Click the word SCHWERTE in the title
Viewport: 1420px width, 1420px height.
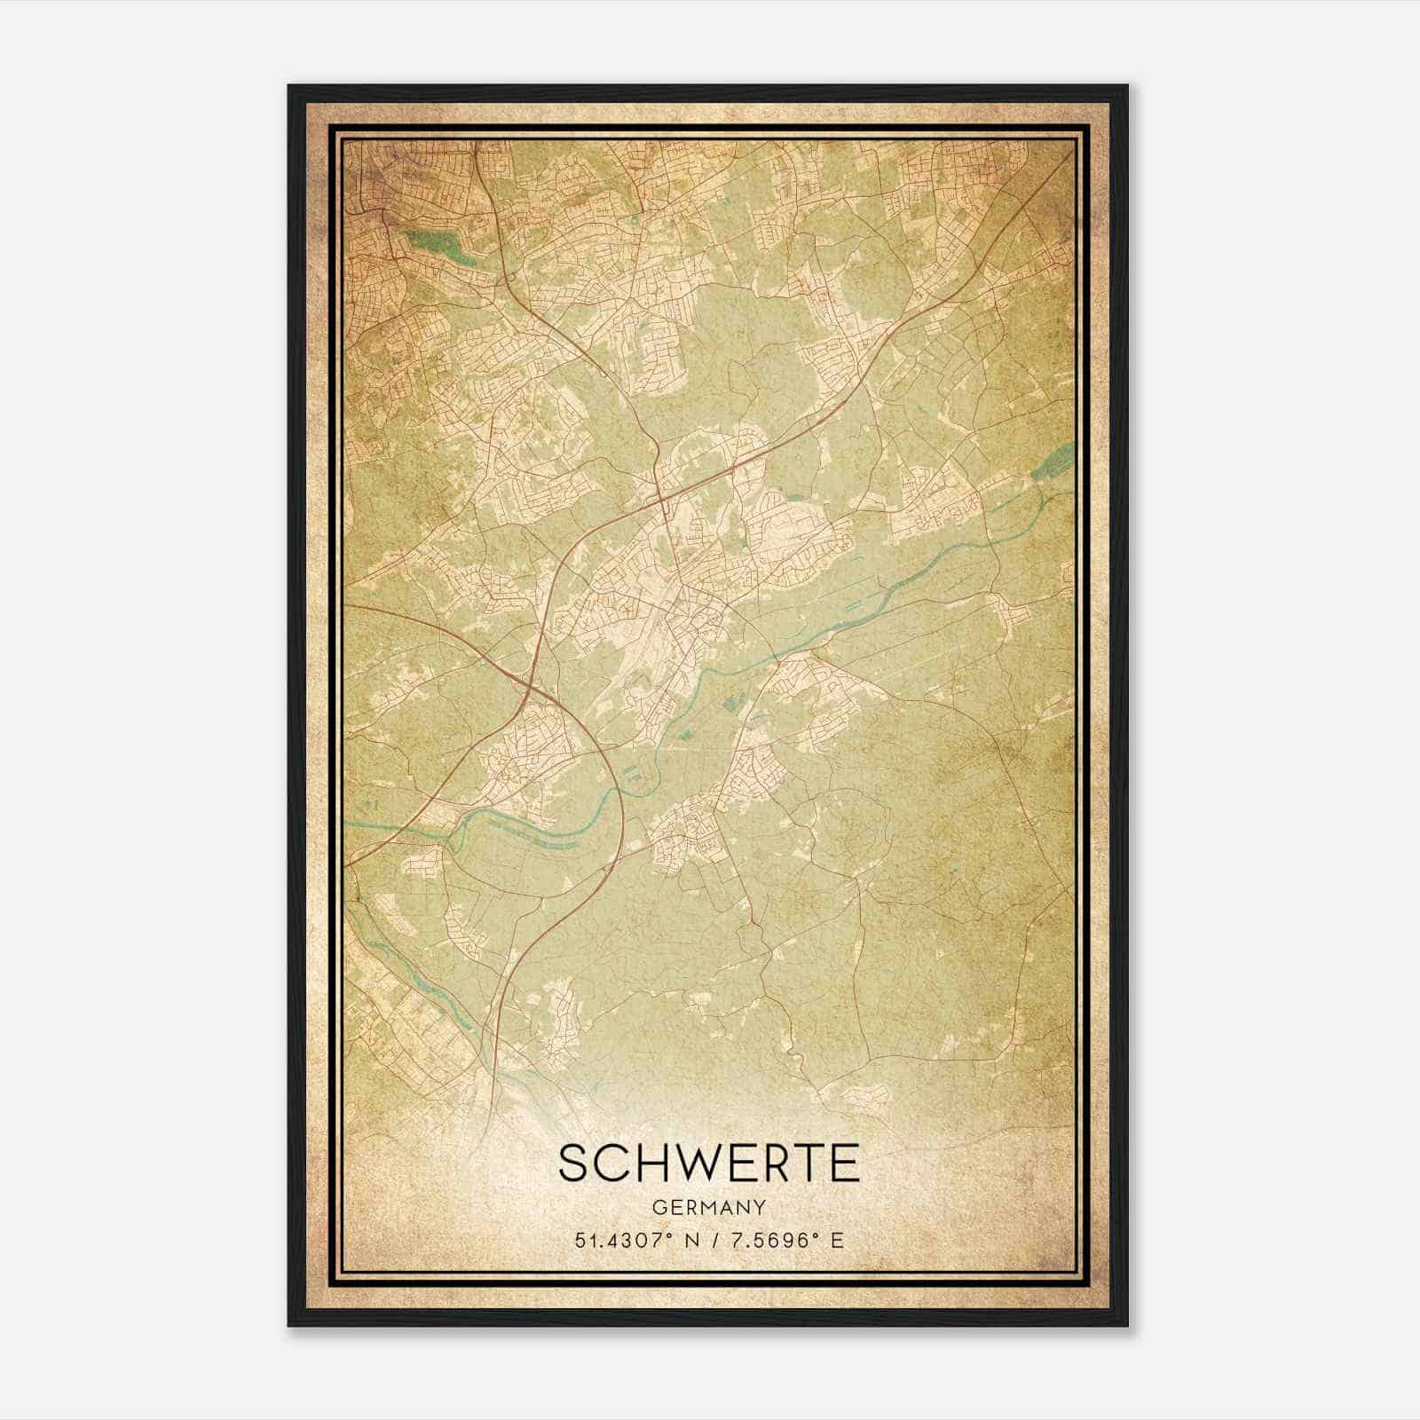[x=709, y=1163]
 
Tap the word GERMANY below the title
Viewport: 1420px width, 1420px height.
[x=709, y=1207]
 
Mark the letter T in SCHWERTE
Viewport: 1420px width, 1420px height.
[x=807, y=1163]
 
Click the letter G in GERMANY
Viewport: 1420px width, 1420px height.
[x=658, y=1207]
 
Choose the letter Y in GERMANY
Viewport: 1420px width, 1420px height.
[x=761, y=1207]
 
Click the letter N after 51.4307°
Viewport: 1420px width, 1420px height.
[x=694, y=1240]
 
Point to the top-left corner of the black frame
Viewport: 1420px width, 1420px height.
[x=289, y=86]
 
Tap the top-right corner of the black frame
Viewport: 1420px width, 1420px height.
[x=1127, y=86]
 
